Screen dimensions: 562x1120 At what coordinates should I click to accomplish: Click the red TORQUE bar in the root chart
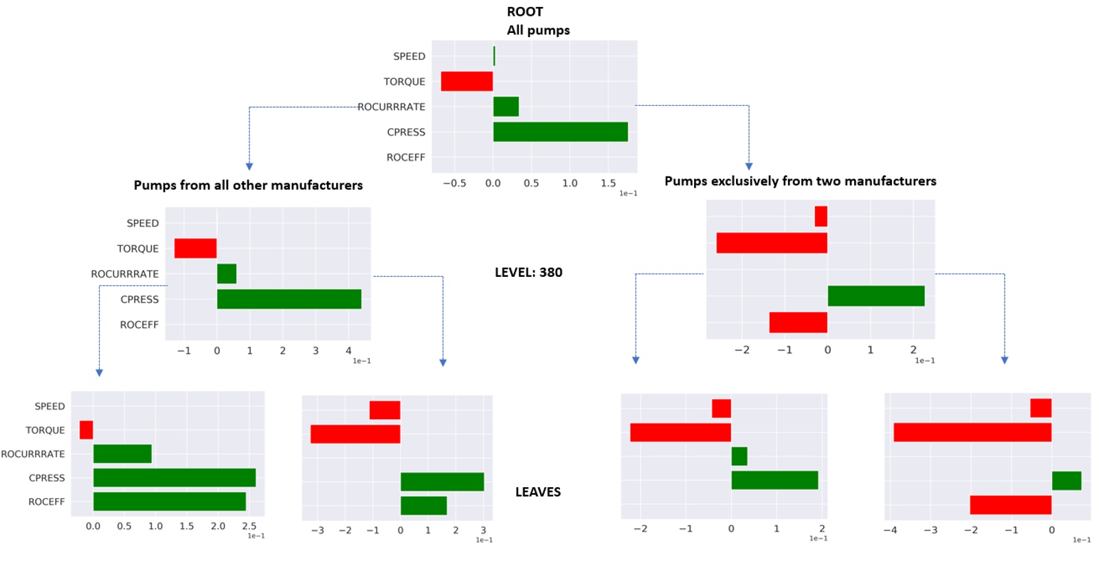467,81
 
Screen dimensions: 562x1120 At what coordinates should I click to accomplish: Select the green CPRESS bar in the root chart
560,132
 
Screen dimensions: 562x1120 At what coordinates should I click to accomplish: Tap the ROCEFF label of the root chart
405,157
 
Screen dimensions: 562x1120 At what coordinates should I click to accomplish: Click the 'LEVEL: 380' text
528,272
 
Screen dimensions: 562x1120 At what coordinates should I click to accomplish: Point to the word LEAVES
538,492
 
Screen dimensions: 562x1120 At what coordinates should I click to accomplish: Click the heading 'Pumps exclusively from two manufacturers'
800,181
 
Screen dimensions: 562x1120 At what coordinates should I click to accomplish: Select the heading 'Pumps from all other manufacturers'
248,185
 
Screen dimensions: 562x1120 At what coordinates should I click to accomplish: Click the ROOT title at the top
525,12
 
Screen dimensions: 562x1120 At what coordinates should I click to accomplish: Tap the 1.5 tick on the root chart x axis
608,183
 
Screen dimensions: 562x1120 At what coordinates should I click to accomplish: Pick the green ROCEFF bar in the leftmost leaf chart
169,502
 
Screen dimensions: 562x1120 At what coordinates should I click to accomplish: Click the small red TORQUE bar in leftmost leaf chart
86,430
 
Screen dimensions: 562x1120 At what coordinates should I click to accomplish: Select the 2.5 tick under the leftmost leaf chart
249,526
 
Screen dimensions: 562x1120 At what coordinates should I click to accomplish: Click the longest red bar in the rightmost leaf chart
972,432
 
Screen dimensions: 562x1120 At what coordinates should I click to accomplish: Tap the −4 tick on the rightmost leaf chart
890,530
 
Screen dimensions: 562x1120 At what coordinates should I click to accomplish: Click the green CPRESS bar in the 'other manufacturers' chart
289,299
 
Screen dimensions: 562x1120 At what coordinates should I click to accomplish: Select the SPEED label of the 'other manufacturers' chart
142,223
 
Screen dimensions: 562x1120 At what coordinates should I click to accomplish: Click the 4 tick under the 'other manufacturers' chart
348,350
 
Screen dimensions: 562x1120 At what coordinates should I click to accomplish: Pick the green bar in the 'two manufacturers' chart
875,296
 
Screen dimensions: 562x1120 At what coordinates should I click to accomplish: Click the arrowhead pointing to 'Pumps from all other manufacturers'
249,166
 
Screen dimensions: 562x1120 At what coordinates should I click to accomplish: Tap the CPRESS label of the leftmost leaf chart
47,478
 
